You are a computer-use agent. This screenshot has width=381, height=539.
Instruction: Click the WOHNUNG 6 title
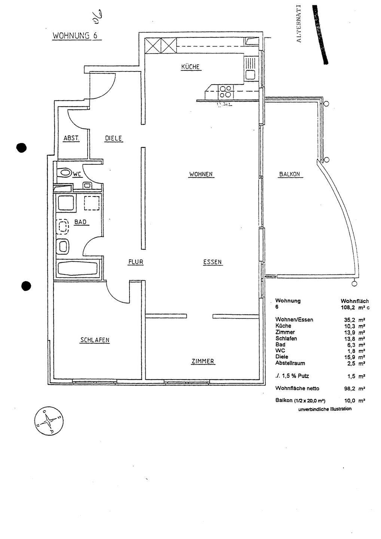point(75,36)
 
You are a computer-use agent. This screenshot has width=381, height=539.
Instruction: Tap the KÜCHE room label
point(190,67)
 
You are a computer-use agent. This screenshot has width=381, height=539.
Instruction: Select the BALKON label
point(290,174)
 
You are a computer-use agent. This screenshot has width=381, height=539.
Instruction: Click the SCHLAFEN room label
point(95,340)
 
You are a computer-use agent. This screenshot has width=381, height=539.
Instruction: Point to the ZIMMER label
point(202,361)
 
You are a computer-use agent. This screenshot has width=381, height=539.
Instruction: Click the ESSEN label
point(213,262)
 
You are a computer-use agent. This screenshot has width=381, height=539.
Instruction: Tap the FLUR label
point(135,262)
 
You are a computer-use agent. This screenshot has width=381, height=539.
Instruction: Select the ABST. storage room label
point(71,138)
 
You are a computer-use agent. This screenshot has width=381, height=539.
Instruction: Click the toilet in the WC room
point(65,173)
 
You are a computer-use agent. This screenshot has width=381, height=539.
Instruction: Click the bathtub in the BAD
point(77,269)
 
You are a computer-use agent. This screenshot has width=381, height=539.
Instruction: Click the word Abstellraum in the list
point(290,363)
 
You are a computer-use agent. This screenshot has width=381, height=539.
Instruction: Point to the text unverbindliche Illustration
point(325,409)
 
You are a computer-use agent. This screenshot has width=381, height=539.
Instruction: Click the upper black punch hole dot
point(22,147)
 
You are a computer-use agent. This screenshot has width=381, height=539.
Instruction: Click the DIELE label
point(113,138)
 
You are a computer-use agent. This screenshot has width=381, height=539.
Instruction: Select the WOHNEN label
point(201,174)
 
